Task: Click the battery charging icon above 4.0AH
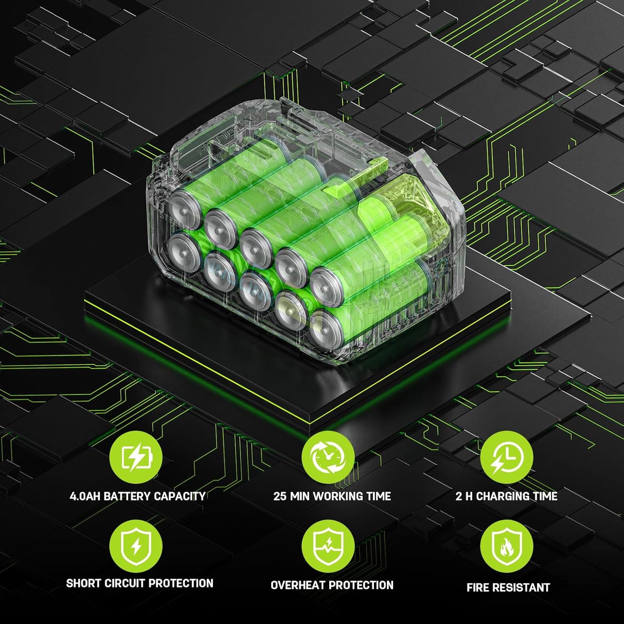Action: coord(136,457)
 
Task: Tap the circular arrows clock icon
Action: coord(328,457)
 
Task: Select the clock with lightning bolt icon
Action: coord(507,457)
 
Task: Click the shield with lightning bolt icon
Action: coord(136,546)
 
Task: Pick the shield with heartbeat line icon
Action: coord(328,546)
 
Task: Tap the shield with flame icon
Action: coord(507,546)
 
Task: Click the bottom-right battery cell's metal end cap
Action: coord(326,329)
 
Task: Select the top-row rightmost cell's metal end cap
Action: coord(326,287)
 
